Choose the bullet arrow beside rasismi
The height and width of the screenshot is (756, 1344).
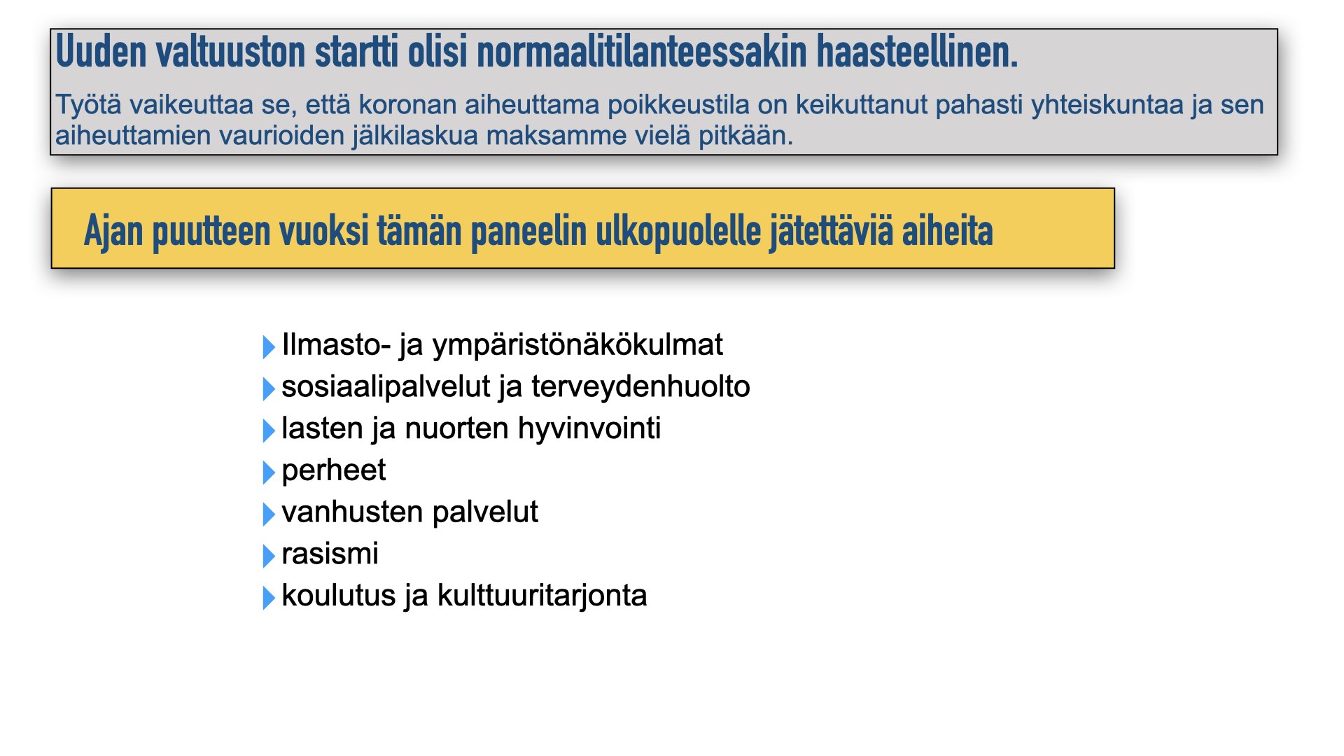(269, 556)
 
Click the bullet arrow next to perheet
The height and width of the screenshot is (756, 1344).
(269, 472)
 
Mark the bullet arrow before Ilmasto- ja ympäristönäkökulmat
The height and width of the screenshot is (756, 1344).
(269, 346)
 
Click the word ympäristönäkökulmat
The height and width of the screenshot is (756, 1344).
(577, 345)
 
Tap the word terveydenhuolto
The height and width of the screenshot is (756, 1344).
(640, 386)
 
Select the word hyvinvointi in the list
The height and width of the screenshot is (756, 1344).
(589, 428)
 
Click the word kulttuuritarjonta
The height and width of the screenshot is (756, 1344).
(542, 596)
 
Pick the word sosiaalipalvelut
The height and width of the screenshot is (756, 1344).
(386, 386)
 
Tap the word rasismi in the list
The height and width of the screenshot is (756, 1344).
(330, 554)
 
